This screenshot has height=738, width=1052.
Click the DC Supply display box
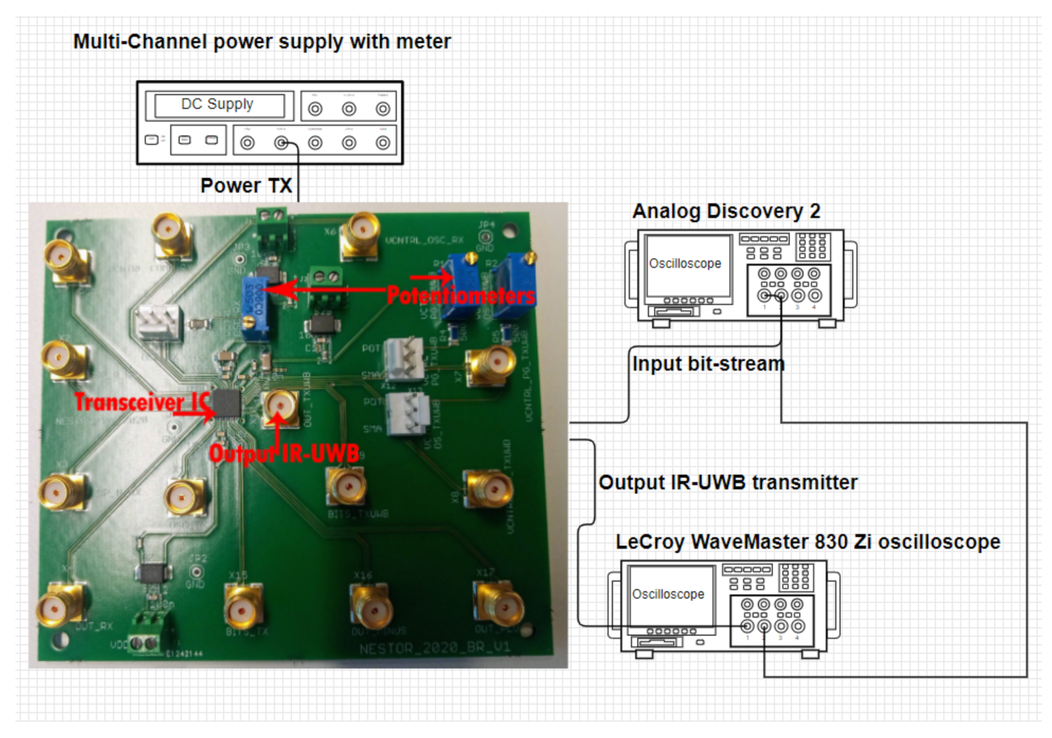click(219, 105)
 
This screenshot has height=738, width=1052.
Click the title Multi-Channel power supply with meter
click(262, 41)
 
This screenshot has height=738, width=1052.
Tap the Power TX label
click(245, 185)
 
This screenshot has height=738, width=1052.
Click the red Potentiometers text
click(461, 295)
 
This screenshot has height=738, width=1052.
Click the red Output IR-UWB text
click(283, 454)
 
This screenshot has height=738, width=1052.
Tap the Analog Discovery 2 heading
click(726, 210)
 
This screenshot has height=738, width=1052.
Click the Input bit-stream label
click(708, 363)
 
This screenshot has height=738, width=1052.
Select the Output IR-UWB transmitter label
click(727, 482)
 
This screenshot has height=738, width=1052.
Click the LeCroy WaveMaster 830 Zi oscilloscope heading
click(807, 542)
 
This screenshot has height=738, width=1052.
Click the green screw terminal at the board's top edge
click(273, 227)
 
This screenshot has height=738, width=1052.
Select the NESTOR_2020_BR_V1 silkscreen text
click(434, 648)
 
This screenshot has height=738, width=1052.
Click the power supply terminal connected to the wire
click(281, 143)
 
